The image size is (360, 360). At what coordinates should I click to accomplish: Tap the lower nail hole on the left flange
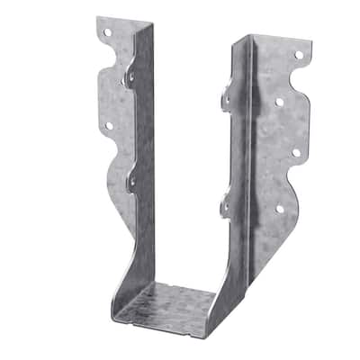click(109, 125)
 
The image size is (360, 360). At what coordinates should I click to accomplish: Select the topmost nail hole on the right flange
click(298, 54)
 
